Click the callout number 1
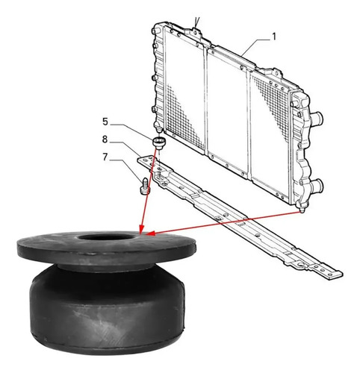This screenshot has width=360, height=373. pos(274,37)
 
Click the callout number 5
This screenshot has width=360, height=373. pos(105,122)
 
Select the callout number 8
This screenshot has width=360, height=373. pos(105,140)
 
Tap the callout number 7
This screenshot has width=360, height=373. pos(105,157)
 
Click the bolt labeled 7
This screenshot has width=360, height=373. pos(144,186)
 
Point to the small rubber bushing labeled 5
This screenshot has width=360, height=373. pos(159,143)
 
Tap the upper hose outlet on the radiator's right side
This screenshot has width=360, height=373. pos(317,118)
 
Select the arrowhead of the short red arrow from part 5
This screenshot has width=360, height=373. pos(141,230)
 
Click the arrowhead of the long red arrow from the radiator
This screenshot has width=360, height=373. pos(150,233)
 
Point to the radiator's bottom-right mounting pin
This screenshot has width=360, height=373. pos(302,210)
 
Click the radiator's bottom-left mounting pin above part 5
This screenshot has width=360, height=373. pos(158,129)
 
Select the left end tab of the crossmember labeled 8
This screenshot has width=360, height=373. pos(145,160)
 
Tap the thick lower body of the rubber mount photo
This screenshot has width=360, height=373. pos(108,308)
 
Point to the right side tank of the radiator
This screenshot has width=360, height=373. pos(301,149)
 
